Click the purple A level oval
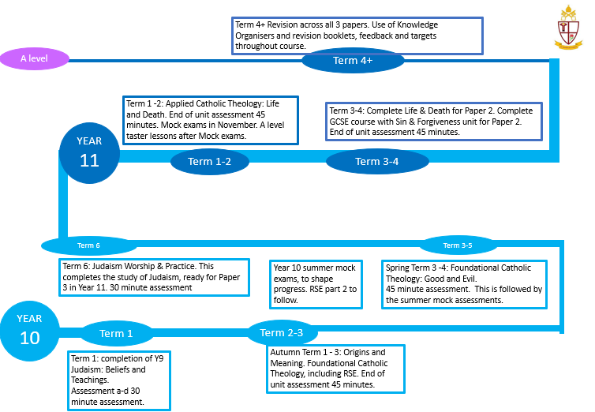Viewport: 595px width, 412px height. tap(35, 58)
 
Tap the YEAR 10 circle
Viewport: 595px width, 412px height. tap(28, 328)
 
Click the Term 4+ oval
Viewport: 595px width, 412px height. tap(353, 60)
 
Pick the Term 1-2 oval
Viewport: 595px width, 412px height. tap(210, 162)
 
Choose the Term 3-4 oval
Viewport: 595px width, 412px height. tap(377, 162)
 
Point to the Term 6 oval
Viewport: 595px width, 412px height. tap(88, 245)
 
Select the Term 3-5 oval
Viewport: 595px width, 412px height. tap(458, 245)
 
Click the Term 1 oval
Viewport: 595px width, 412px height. tap(117, 334)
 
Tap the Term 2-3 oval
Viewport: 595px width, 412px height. tap(282, 333)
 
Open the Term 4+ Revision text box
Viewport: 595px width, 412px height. tap(358, 35)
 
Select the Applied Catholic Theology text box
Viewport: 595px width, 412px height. tap(211, 120)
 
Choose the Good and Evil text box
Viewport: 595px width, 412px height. tap(464, 283)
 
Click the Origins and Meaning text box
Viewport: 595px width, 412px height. tap(336, 368)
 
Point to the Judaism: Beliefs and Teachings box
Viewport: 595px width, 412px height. tap(119, 380)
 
